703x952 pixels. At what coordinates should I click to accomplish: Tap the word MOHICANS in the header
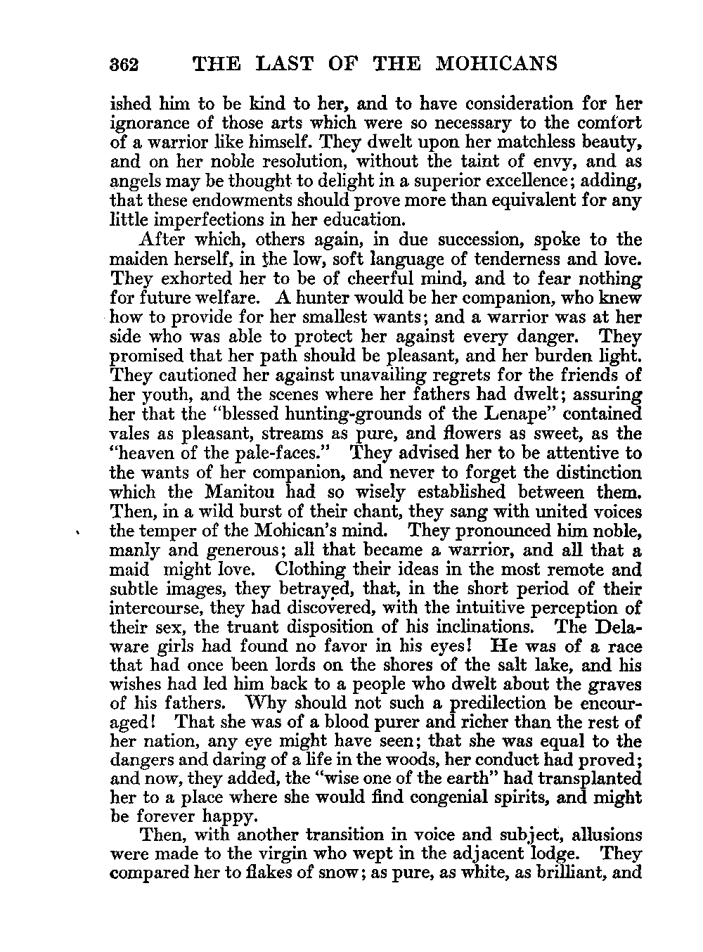coord(497,64)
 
